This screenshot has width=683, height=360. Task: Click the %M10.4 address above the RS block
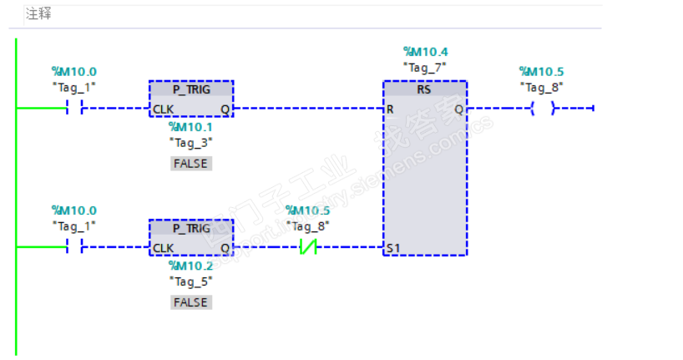[x=425, y=52]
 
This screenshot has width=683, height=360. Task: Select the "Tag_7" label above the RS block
[x=425, y=66]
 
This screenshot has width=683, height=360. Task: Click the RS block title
[x=425, y=89]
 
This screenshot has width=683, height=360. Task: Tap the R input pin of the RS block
[x=390, y=109]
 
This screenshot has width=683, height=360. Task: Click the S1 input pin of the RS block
[x=392, y=248]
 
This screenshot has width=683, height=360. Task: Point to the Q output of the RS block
[x=458, y=109]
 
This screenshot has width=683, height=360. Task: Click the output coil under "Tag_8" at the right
[x=542, y=109]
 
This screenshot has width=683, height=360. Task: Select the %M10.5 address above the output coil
[x=541, y=71]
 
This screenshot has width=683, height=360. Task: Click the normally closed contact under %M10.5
[x=308, y=247]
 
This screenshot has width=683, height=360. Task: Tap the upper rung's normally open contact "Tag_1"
[x=74, y=109]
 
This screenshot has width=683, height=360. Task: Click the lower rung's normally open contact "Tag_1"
[x=74, y=247]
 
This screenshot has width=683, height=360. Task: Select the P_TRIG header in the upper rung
[x=191, y=89]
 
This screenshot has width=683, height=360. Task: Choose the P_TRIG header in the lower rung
[x=191, y=228]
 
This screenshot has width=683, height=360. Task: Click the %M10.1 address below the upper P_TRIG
[x=191, y=127]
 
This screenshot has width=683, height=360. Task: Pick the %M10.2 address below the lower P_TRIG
[x=191, y=266]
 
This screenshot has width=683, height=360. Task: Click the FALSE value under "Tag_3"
[x=191, y=164]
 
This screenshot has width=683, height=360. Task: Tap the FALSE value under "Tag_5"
[x=191, y=302]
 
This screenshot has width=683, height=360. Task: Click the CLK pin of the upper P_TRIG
[x=163, y=109]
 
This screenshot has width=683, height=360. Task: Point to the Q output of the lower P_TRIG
[x=225, y=248]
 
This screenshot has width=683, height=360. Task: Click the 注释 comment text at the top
[x=39, y=14]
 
